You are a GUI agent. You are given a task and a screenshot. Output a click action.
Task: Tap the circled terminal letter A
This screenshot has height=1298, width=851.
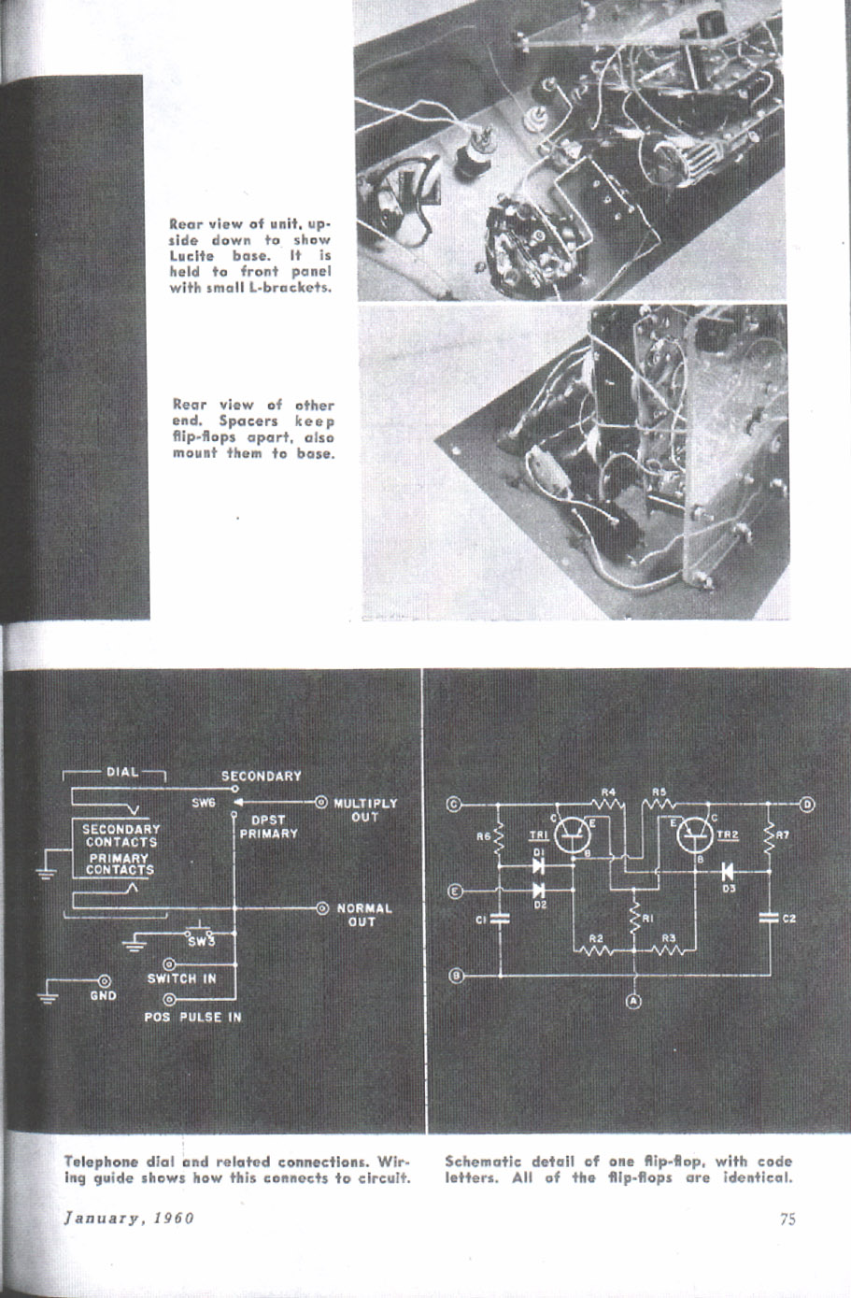point(633,1005)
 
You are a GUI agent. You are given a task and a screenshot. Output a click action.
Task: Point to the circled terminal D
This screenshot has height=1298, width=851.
point(808,804)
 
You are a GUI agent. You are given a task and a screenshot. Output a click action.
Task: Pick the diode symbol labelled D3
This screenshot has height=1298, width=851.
point(727,870)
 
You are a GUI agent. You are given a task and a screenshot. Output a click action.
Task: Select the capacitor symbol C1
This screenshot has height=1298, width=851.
point(501,919)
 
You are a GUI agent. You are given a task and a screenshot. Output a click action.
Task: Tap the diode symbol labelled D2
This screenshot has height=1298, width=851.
point(538,891)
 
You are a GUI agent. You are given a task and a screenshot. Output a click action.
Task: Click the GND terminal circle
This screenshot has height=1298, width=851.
point(103,981)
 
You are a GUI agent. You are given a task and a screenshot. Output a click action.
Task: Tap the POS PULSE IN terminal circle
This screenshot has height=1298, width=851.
point(169,999)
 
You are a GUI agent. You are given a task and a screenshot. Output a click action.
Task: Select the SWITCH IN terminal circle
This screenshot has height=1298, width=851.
point(169,963)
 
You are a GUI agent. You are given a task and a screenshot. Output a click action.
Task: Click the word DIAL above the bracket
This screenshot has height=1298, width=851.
point(121,772)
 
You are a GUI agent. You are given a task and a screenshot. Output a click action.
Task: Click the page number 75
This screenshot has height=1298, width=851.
point(787,1218)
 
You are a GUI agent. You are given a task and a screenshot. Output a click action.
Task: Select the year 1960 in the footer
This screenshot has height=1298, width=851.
point(173,1218)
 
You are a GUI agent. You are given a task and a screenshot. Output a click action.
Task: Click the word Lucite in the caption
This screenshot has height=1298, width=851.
point(192,255)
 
